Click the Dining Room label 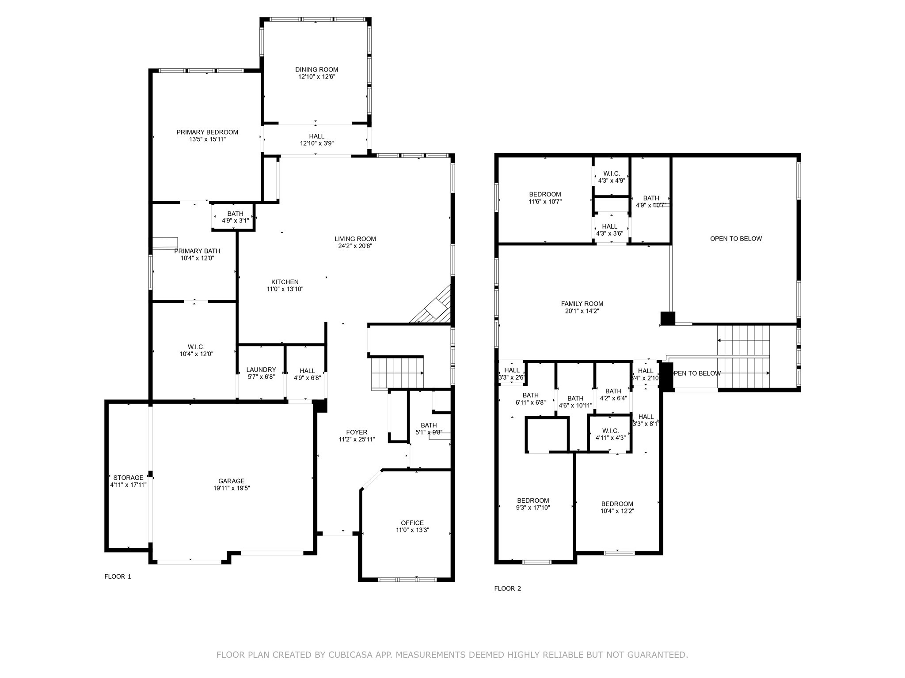[316, 70]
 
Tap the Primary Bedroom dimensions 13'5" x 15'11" [207, 139]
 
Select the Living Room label [355, 239]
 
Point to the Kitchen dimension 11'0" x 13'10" [285, 290]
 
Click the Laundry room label [261, 370]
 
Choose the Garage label [231, 481]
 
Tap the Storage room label [128, 478]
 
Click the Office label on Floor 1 [412, 523]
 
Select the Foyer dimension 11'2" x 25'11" [356, 440]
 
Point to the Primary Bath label [197, 251]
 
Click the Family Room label [582, 304]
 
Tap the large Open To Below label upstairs [736, 239]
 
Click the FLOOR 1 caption [118, 576]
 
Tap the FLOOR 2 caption [507, 588]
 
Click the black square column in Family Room [668, 318]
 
